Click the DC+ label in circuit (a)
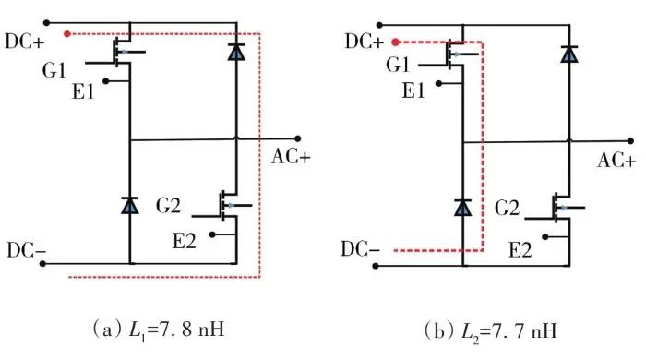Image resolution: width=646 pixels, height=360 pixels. click(x=24, y=42)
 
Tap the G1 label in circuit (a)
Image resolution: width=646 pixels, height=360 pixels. click(x=54, y=70)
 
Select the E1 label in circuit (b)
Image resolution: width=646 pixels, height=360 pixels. click(x=413, y=90)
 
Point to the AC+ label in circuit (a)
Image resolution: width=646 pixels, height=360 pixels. click(x=291, y=157)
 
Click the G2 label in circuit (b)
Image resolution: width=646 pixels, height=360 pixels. click(x=507, y=208)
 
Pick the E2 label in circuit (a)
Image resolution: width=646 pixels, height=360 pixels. click(x=184, y=241)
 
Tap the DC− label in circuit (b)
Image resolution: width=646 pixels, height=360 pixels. click(x=360, y=249)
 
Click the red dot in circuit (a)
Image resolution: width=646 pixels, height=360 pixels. click(x=67, y=34)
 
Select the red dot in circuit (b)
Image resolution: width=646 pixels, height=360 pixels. click(x=396, y=42)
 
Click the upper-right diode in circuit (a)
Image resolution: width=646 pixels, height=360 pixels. click(x=236, y=52)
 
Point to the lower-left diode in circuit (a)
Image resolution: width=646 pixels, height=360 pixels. click(x=130, y=205)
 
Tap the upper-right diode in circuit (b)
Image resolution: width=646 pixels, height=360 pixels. click(x=569, y=54)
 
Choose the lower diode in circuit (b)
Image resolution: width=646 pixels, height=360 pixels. click(x=462, y=208)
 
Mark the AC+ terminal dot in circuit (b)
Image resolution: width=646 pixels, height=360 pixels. click(x=630, y=141)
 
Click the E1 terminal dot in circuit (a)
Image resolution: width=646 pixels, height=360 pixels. click(x=106, y=81)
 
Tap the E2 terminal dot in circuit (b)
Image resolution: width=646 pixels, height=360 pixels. click(x=545, y=237)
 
